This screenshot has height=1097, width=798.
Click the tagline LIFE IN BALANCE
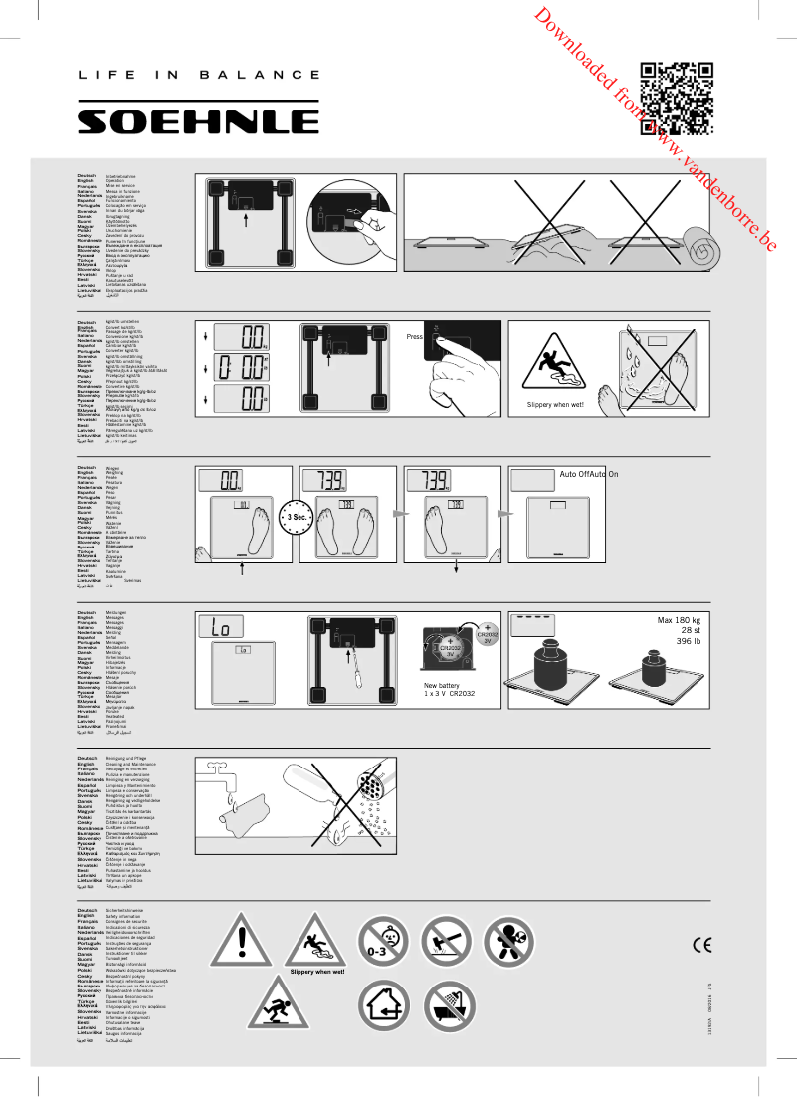point(199,75)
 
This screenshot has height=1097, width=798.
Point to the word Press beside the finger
point(415,337)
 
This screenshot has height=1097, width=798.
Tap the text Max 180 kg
point(679,621)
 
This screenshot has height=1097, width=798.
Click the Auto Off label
point(575,474)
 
